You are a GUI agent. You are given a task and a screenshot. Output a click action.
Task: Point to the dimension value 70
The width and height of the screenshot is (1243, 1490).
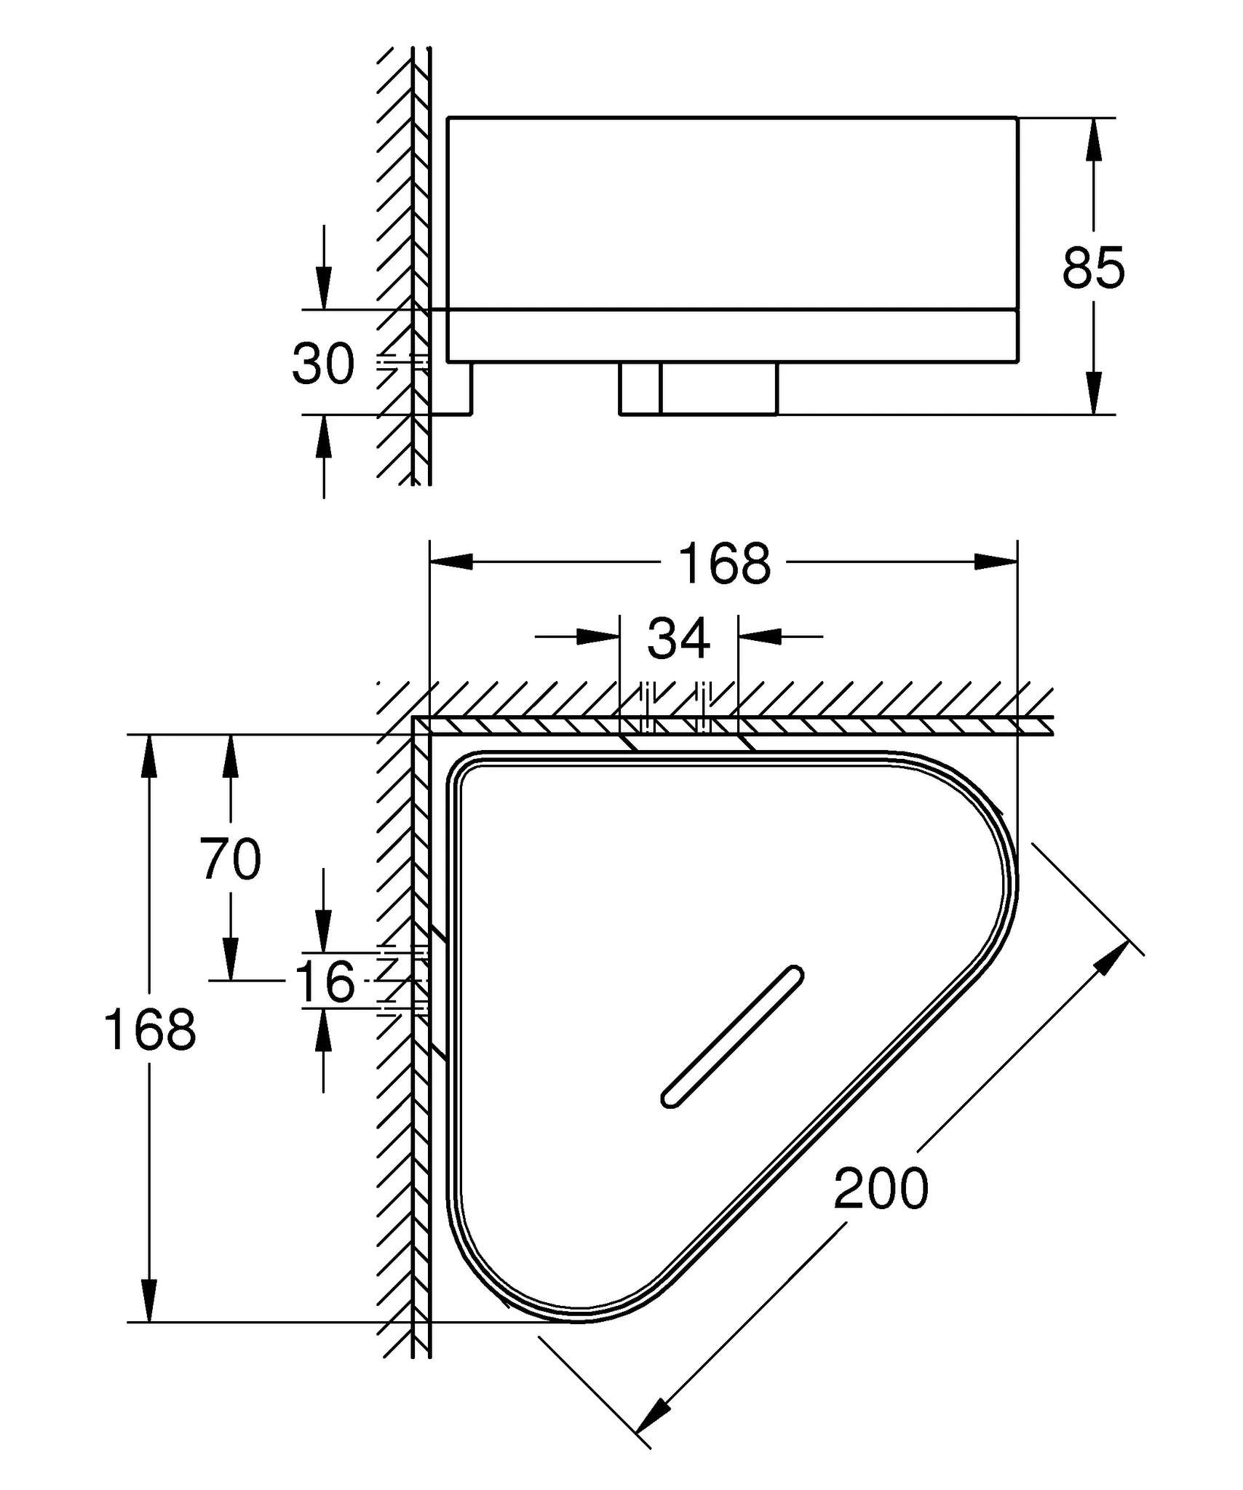231,858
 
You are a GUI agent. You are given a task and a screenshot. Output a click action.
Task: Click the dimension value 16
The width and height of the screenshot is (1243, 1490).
325,981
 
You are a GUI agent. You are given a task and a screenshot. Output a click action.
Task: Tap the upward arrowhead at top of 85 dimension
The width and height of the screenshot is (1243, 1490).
1092,140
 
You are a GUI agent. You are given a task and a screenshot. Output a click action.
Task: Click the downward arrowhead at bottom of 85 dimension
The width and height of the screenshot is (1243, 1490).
1092,393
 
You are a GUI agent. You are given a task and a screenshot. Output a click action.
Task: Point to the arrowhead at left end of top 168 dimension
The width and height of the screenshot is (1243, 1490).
451,562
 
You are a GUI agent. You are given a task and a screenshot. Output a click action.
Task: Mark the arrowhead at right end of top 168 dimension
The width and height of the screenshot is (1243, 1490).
996,562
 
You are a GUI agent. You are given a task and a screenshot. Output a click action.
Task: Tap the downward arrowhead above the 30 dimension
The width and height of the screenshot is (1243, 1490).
324,288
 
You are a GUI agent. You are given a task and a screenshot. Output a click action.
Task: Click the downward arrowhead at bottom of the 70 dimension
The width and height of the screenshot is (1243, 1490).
231,959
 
